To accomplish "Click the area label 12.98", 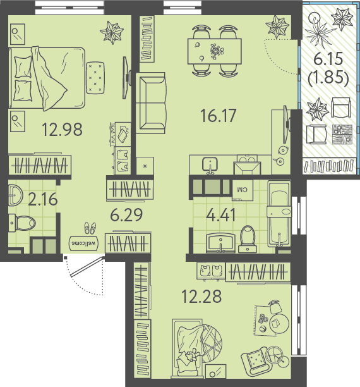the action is click(x=62, y=130).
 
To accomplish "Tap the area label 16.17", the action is click(x=219, y=116).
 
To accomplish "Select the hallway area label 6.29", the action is click(x=126, y=215).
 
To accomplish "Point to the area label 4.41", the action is click(x=220, y=215).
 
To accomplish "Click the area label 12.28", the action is click(x=201, y=297).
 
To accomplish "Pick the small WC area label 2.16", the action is click(x=43, y=199).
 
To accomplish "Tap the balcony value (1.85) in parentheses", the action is click(x=328, y=78).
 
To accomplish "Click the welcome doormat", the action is click(x=83, y=243).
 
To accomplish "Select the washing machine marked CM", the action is click(x=243, y=190).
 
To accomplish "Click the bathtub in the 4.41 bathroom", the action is click(x=279, y=214).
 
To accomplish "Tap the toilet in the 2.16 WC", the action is click(x=22, y=223).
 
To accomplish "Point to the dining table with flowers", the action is click(x=214, y=51).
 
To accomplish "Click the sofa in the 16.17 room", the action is click(x=151, y=103).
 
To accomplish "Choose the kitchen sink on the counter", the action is click(x=210, y=164).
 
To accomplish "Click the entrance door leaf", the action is click(x=87, y=267).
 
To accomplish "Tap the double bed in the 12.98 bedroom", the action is click(x=47, y=78).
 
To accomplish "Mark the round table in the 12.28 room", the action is click(x=279, y=323).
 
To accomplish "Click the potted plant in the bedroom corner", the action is click(x=112, y=33).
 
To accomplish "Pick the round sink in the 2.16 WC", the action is click(x=15, y=195).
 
